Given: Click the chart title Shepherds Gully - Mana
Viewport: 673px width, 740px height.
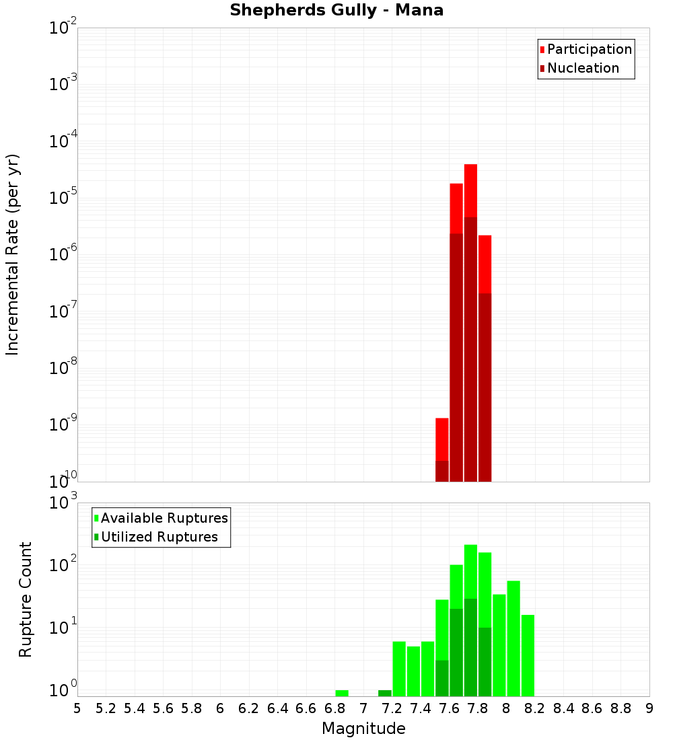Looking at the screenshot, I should tap(336, 11).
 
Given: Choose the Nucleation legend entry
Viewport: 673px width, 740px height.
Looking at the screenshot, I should tap(583, 68).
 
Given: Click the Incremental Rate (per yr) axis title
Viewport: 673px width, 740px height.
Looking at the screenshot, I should tap(13, 255).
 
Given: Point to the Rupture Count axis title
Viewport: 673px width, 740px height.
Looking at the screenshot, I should tap(26, 599).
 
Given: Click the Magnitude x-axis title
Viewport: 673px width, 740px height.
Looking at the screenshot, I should tap(363, 729).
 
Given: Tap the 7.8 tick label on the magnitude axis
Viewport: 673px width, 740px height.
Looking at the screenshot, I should tap(478, 708).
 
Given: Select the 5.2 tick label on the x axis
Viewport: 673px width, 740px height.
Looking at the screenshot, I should tap(106, 708).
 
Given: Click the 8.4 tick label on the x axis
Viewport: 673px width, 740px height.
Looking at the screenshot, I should tap(563, 708).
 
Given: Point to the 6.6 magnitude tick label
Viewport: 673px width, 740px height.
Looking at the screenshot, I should tap(306, 708).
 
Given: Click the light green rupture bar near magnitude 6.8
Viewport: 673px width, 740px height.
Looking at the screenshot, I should tap(342, 693).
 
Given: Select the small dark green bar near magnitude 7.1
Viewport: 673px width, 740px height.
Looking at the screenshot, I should tap(385, 693).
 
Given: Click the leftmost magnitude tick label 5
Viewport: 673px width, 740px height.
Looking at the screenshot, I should tap(77, 708).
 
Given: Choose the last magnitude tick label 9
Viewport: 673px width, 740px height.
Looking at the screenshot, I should tap(649, 708).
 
